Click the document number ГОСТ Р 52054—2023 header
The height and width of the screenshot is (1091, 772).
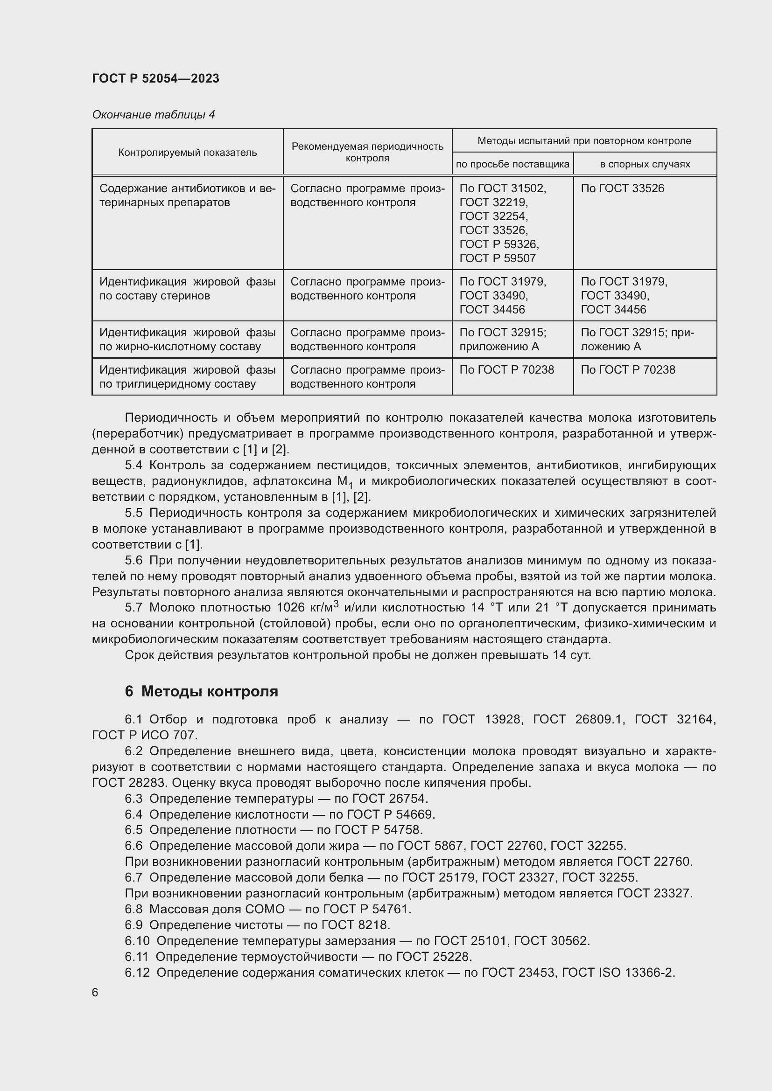[x=155, y=78]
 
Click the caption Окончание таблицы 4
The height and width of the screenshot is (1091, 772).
[x=153, y=115]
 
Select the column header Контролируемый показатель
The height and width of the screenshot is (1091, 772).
[x=187, y=153]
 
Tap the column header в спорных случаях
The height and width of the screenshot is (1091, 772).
[x=645, y=164]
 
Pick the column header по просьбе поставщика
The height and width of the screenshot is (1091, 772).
[x=512, y=164]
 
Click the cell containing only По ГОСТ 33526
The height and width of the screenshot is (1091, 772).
[x=622, y=188]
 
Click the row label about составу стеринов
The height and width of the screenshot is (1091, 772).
[x=187, y=289]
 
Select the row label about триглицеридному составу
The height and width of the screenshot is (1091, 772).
[x=187, y=377]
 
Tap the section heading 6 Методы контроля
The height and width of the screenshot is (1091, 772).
[x=202, y=691]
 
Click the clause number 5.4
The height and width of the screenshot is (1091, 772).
[x=133, y=465]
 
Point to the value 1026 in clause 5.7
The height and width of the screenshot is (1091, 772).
[x=290, y=608]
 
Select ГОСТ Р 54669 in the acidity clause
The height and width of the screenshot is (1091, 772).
[x=390, y=814]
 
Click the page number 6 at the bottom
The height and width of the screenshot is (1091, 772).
[x=95, y=993]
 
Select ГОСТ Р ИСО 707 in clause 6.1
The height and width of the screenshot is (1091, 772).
[x=144, y=735]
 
